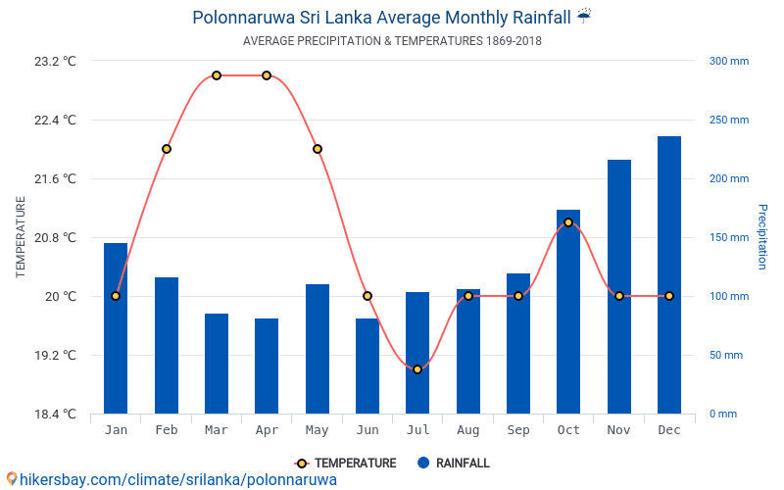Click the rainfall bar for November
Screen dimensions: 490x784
pos(619,286)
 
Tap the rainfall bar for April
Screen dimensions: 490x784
pos(267,366)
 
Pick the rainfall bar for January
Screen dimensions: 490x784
pos(116,328)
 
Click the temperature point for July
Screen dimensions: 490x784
pos(417,369)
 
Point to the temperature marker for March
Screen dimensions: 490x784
pos(217,75)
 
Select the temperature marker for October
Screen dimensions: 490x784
pos(568,222)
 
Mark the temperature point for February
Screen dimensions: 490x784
pos(167,149)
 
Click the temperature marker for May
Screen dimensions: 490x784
pos(318,149)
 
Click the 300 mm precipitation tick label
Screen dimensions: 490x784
pos(728,61)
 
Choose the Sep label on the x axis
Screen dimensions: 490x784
pos(518,430)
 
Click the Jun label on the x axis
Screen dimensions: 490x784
pos(367,430)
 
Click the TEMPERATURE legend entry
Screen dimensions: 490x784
pos(346,464)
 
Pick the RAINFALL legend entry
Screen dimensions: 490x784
pos(453,464)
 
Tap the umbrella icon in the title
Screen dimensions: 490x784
pos(584,16)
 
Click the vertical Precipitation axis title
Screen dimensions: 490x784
pos(762,237)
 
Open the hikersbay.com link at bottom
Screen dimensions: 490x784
pos(171,479)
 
